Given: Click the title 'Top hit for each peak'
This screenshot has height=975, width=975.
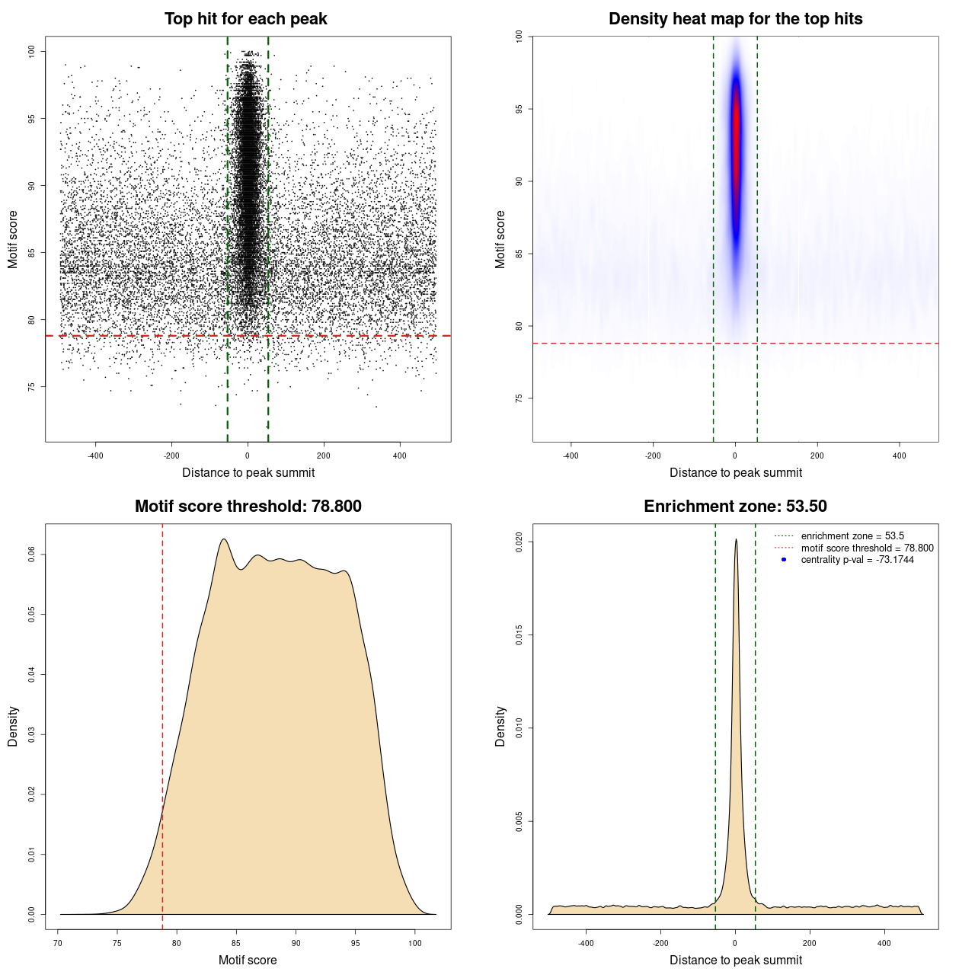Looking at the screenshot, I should pos(245,19).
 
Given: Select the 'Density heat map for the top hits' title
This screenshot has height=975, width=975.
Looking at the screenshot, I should pos(735,19).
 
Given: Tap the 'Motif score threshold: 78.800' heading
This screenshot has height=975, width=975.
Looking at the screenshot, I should pos(248,507).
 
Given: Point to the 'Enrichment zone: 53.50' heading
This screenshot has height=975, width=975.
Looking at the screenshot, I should pos(735,507).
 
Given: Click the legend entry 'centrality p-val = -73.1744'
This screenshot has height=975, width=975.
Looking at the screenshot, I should pos(857,560).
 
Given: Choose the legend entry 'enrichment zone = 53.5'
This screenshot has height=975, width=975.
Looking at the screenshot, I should pos(852,536).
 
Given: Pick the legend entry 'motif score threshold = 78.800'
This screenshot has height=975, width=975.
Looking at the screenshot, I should pos(867,548).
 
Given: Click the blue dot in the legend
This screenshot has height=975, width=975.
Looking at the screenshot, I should pos(784,560).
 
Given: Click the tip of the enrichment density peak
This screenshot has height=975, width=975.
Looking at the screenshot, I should pos(736,540).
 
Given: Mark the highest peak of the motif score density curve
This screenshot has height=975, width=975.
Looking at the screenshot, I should pos(223,539).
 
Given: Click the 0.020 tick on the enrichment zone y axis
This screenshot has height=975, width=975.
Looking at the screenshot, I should pos(519,542).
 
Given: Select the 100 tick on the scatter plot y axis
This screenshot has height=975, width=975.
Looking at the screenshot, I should pos(31,51).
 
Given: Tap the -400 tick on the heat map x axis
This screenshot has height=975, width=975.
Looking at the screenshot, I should pos(571,456).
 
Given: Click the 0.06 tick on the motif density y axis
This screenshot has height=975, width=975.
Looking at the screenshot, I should pos(31,555).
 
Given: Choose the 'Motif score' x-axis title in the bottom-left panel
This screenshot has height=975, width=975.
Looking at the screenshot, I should pos(248,960).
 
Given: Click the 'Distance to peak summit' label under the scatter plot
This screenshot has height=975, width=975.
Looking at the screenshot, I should pos(248,472).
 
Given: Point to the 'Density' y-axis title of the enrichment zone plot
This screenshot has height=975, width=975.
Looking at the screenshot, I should pos(500,726).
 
